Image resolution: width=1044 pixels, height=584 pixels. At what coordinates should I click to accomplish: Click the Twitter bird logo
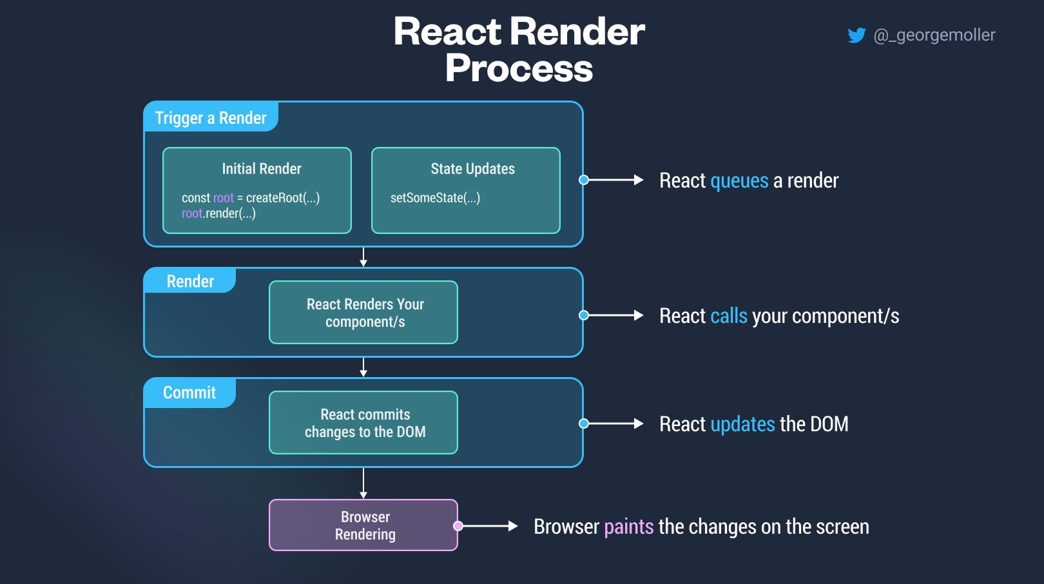coord(856,35)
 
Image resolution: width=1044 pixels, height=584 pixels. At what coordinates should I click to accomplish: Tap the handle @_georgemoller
coord(934,35)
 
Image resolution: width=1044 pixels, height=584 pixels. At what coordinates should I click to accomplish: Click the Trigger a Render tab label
coord(211,118)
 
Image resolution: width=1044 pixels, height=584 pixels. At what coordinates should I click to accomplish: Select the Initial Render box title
coord(262,168)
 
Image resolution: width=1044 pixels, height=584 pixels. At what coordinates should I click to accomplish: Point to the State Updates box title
coord(472,168)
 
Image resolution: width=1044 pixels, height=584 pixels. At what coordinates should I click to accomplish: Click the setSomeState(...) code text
coord(435,198)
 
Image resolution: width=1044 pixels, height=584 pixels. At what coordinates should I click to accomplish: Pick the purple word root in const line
coord(223,198)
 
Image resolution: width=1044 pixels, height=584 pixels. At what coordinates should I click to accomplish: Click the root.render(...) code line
coord(218,213)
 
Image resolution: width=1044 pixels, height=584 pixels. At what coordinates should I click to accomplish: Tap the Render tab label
coord(190,281)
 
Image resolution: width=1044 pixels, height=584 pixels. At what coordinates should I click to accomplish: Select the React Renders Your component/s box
coord(363,312)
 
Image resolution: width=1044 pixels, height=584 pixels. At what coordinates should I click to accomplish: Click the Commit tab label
coord(189,393)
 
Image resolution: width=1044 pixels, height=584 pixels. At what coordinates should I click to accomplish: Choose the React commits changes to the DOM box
coord(363,422)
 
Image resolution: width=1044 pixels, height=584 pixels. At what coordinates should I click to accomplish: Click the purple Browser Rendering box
coord(363,525)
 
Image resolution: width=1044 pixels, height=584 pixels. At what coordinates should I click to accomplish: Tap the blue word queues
coord(739,181)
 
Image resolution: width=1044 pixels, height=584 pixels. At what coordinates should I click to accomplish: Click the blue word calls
coord(729,316)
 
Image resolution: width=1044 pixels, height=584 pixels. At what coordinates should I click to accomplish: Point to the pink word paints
coord(629,527)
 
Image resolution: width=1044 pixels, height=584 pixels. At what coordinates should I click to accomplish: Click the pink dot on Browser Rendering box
coord(458,526)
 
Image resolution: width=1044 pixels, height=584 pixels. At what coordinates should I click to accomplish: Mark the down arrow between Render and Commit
coord(363,367)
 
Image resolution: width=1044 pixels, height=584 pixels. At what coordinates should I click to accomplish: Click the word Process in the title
coord(519,68)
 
